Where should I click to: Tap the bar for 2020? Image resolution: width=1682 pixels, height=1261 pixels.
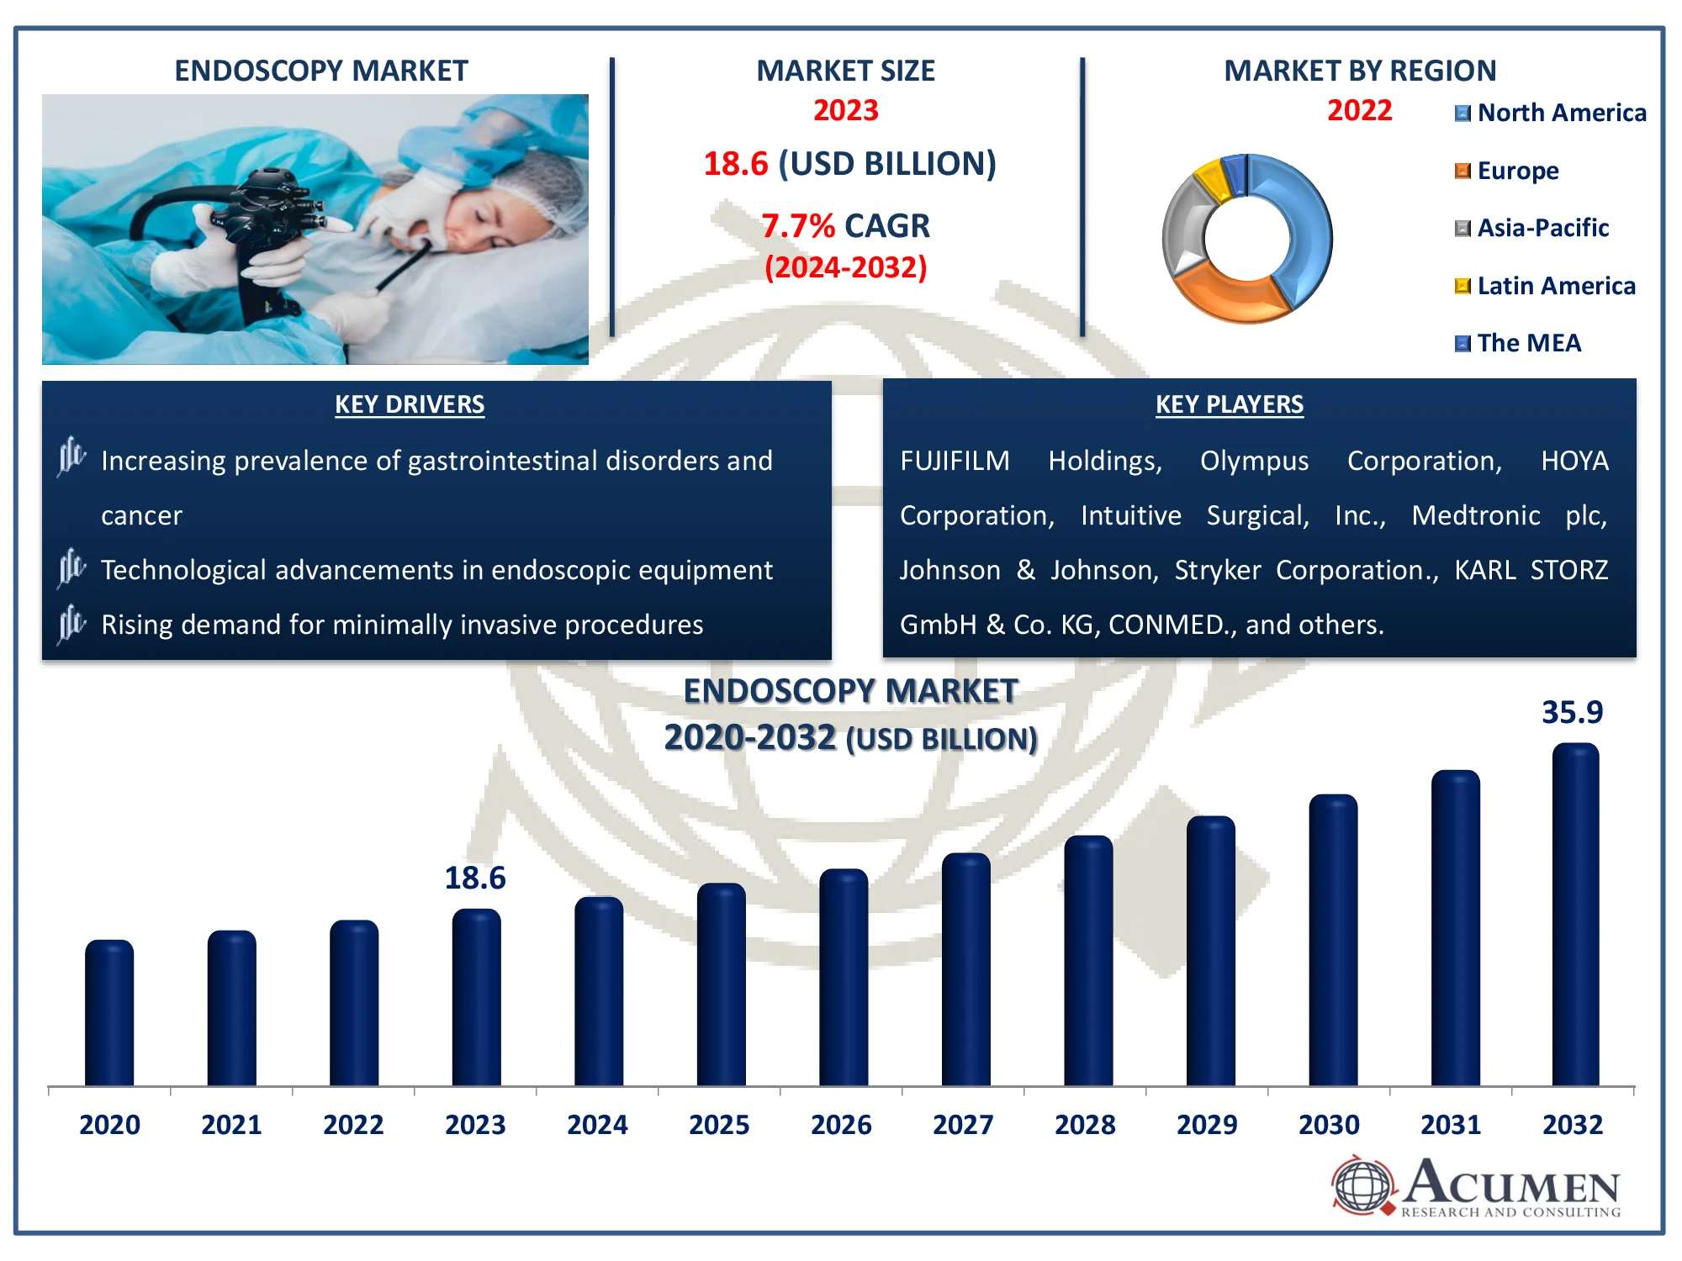109,1013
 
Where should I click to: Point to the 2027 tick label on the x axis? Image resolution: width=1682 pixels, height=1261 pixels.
963,1125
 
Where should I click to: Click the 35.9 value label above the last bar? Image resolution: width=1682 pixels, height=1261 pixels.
1572,713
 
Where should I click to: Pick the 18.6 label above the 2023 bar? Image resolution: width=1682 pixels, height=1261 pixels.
475,878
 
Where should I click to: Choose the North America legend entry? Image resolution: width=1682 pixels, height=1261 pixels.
1551,113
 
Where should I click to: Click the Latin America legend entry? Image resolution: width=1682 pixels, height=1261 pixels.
1546,286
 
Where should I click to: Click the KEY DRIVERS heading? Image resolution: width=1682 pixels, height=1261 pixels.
410,404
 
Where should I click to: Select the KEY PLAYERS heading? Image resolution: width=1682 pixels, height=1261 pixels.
1229,404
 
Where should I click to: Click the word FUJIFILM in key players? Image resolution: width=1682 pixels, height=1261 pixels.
955,461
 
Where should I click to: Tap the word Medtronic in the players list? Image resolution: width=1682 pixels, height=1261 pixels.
1476,515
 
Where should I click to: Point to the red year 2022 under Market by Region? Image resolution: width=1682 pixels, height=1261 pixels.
1359,110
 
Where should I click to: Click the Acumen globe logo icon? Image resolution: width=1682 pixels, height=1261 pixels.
1362,1185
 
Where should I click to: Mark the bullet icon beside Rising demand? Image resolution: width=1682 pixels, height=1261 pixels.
71,624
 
